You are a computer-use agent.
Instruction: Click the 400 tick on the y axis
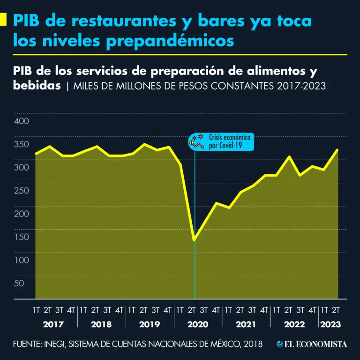coord(22,121)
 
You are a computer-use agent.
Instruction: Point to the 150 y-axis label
coord(22,237)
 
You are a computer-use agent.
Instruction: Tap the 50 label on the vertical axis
coord(19,283)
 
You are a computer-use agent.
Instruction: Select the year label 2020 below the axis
coord(197,324)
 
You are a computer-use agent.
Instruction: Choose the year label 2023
coord(330,324)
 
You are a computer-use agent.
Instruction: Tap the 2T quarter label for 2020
coord(192,310)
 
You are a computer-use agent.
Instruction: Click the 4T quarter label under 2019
coord(167,310)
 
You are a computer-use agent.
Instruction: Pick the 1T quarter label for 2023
coord(324,310)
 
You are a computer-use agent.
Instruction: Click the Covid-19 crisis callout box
coord(221,142)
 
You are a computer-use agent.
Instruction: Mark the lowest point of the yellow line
coord(194,240)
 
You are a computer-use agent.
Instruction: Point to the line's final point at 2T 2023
coord(337,150)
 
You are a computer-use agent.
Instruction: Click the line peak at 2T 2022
coord(289,157)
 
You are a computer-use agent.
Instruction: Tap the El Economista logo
coord(312,345)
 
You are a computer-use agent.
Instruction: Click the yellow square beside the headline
coord(3,20)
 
